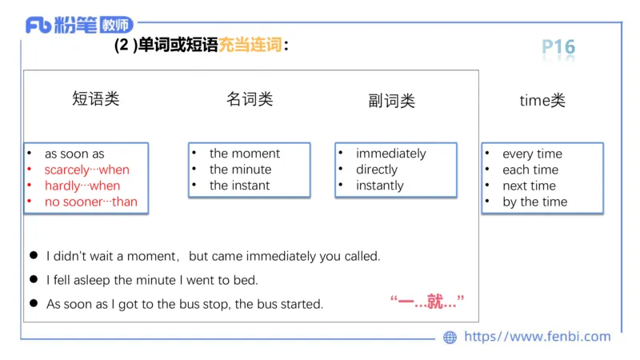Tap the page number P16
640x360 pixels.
pos(558,47)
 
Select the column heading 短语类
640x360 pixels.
pos(96,99)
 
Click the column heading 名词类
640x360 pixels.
pos(250,99)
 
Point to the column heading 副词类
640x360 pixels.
pos(392,101)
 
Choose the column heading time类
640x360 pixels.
pos(542,101)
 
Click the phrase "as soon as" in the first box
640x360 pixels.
pos(74,154)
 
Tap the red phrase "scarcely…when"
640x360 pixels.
pos(86,170)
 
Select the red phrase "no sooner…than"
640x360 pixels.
pos(90,202)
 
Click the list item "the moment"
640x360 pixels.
pos(245,154)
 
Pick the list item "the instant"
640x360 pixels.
pos(240,186)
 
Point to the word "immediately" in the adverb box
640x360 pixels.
pos(391,154)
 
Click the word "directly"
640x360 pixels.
pos(377,170)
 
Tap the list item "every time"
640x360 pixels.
pos(532,154)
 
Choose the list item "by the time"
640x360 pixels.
pos(534,202)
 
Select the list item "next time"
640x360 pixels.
pos(529,186)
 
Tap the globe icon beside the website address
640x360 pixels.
pos(450,338)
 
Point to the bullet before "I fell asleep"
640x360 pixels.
pos(34,280)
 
